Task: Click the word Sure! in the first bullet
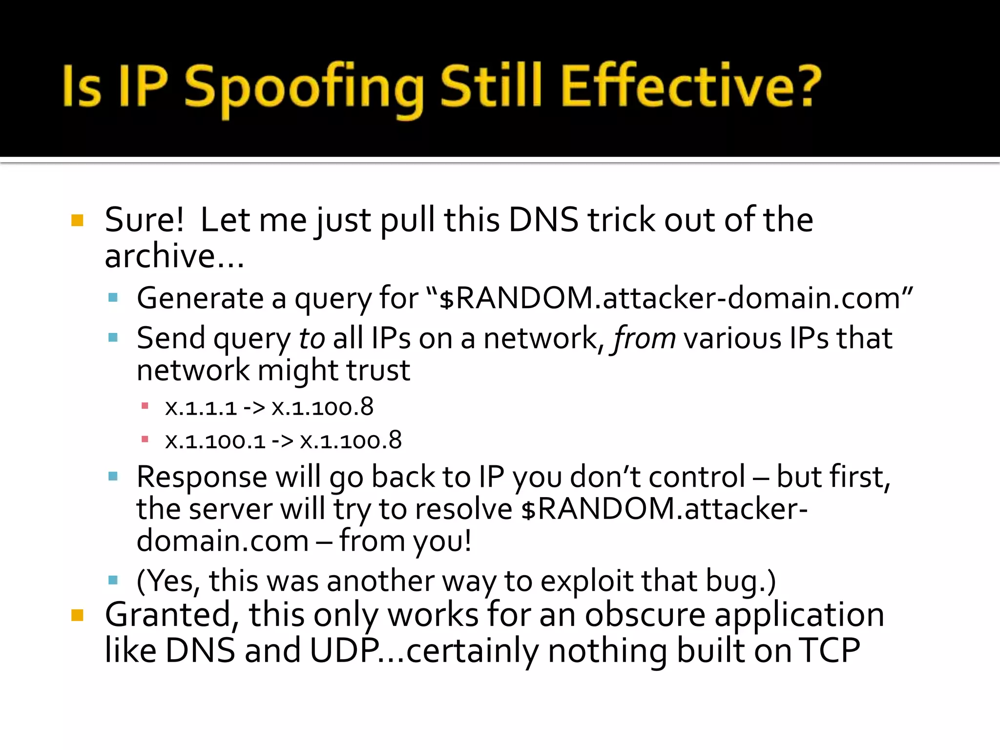tap(145, 220)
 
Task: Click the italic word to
tap(312, 338)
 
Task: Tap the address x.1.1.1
tap(201, 408)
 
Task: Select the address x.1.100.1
tap(215, 441)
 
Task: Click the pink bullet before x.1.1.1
tap(145, 406)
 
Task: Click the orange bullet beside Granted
tap(77, 615)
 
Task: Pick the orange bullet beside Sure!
tap(77, 220)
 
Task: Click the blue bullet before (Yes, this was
tap(113, 580)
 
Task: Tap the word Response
tap(202, 477)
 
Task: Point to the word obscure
tap(645, 615)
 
